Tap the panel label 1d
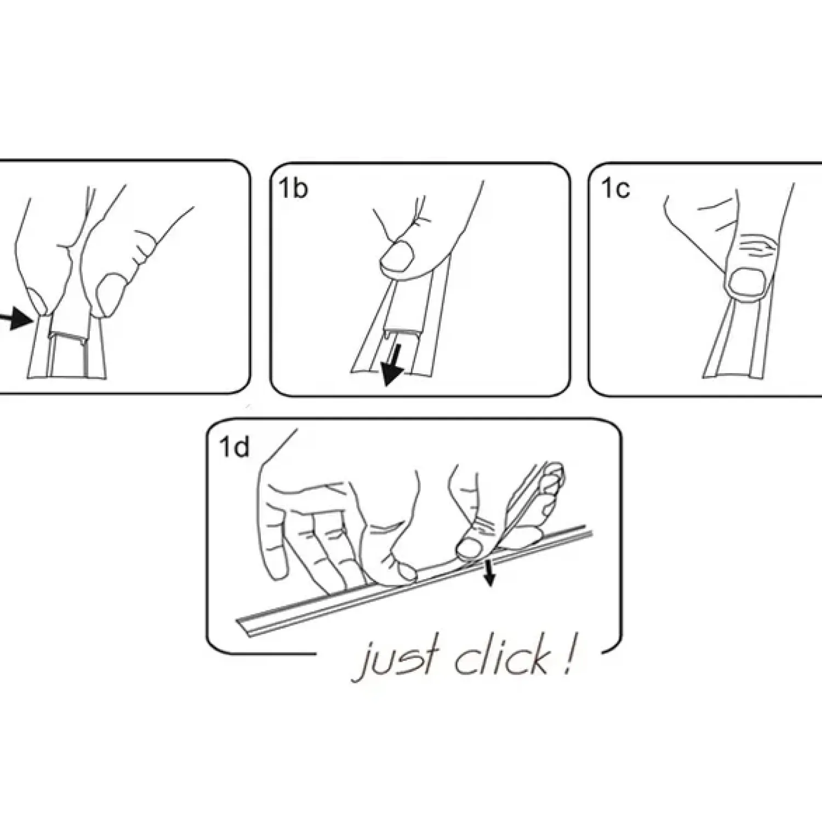(234, 447)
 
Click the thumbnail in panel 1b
(398, 257)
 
